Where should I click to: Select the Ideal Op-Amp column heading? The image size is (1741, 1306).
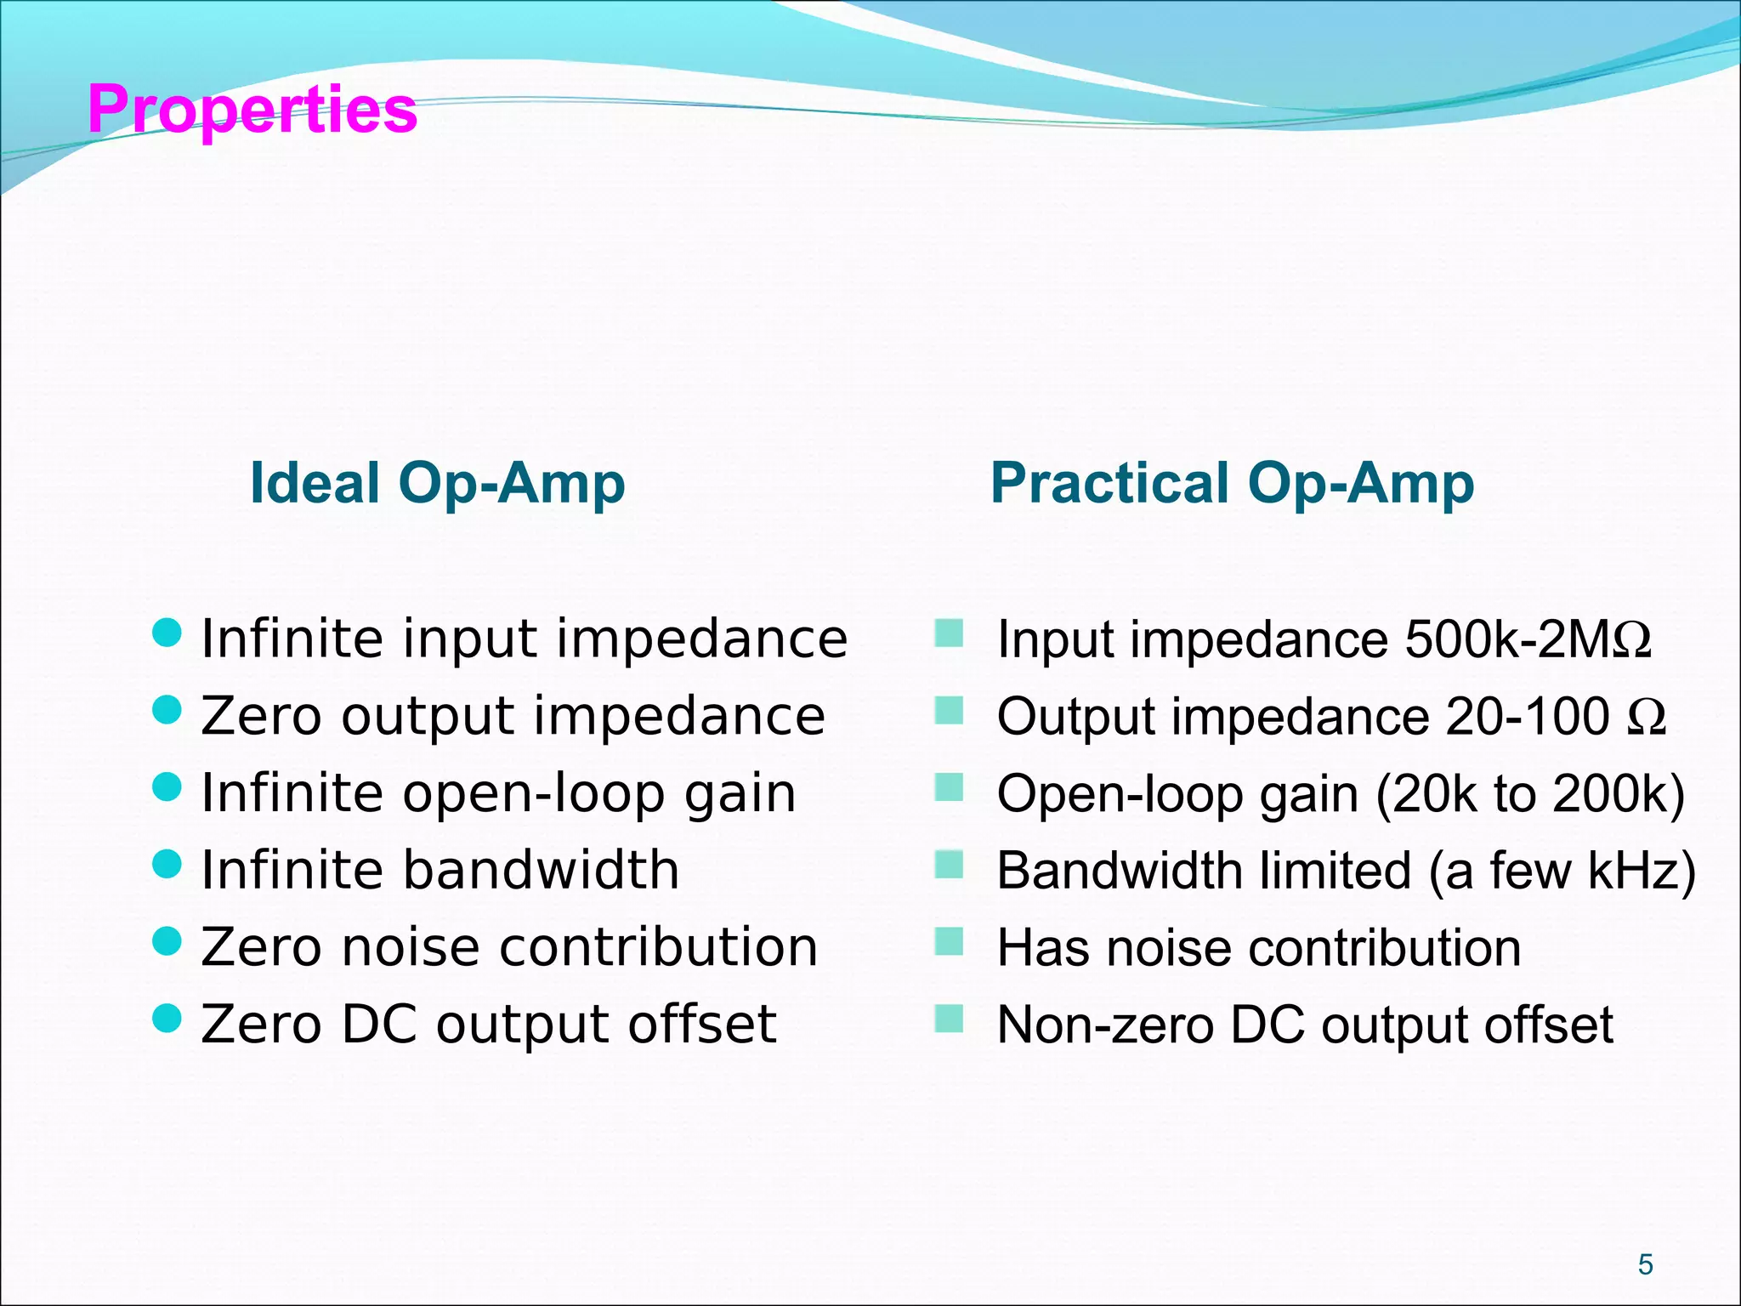(437, 483)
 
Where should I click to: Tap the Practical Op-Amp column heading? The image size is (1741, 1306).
(1232, 483)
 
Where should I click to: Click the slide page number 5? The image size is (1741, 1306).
(1645, 1264)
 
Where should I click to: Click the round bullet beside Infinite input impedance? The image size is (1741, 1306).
(167, 633)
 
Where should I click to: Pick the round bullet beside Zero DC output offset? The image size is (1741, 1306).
(167, 1018)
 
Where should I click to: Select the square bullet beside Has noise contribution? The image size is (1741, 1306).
(948, 941)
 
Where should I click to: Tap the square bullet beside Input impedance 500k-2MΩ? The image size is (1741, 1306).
(948, 633)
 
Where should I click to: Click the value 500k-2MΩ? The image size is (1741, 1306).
(1528, 639)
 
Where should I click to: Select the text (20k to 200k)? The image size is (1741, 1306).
(1529, 794)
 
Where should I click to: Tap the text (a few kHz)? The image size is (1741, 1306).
(1562, 871)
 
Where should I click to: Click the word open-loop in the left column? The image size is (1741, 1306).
(533, 793)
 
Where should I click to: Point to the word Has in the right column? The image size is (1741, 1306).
(1043, 947)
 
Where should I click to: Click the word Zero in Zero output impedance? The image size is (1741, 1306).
(261, 716)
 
